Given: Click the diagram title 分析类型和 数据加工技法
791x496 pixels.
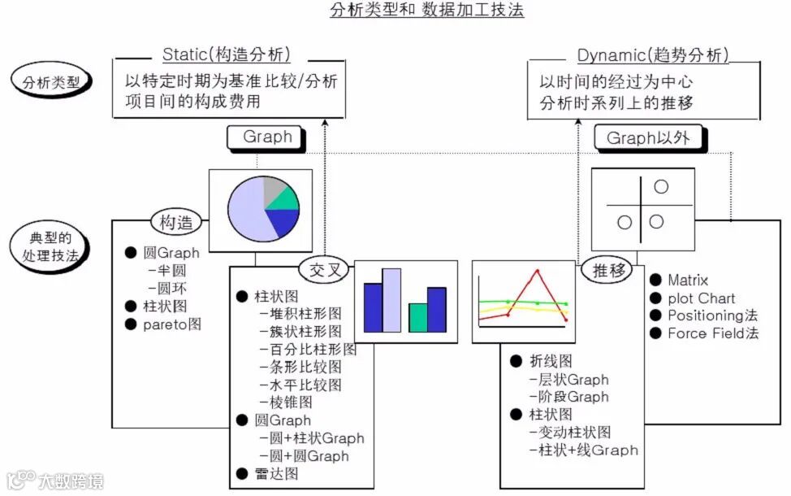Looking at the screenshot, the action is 427,11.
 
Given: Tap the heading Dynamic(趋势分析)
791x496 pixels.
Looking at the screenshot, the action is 652,55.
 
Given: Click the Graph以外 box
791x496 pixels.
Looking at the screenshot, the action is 648,138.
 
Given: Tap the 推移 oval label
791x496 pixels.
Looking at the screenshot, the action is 607,271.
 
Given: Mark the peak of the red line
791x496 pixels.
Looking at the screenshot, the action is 537,271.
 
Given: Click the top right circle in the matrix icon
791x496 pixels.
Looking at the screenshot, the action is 661,186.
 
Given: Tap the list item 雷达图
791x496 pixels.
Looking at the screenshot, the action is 276,474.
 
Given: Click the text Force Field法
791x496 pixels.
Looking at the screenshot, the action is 712,333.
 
